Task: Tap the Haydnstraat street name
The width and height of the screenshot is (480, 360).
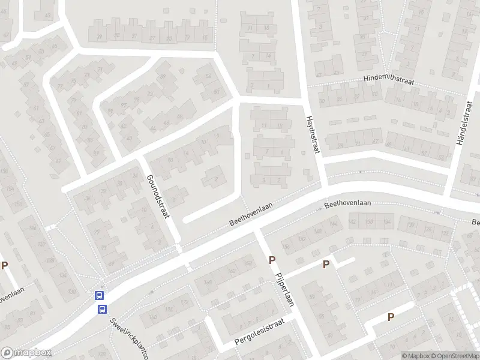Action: [x=313, y=136]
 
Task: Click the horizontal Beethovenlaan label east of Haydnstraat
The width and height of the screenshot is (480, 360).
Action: [x=347, y=204]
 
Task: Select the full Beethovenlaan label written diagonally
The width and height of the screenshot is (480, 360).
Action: [x=251, y=214]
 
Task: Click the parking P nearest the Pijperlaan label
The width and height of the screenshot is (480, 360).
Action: [x=272, y=260]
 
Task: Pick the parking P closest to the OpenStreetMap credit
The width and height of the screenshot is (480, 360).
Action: [x=391, y=317]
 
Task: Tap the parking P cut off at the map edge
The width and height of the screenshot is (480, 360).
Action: [x=5, y=266]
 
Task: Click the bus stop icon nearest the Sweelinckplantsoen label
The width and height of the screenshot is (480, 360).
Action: [x=103, y=309]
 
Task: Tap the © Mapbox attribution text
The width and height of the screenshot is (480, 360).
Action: [x=415, y=356]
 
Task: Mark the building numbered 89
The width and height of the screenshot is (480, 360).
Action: [x=161, y=76]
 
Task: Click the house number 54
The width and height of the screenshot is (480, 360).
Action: [x=208, y=76]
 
